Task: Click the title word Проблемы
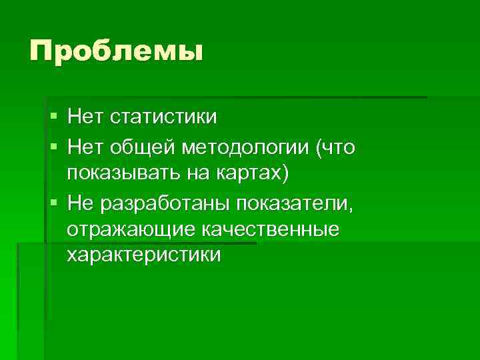tap(115, 51)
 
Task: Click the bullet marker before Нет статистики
tap(53, 117)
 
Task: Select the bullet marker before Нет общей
tap(53, 146)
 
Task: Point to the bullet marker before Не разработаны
tap(53, 203)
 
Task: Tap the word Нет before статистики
tap(85, 117)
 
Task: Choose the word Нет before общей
tap(85, 146)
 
